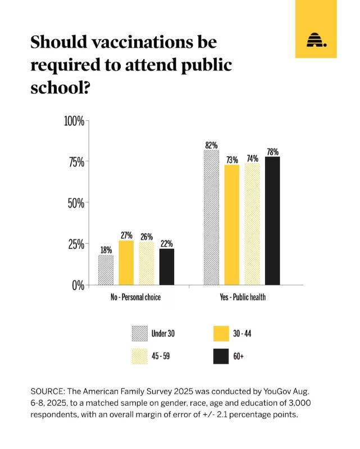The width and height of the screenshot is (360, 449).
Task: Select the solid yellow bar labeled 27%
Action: click(x=126, y=262)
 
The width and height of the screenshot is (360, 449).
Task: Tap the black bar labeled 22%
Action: click(x=167, y=266)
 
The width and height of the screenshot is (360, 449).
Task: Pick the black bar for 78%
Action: click(x=272, y=220)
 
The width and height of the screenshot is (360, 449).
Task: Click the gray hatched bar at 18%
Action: click(x=106, y=270)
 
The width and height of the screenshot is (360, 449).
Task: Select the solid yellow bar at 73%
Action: click(x=232, y=224)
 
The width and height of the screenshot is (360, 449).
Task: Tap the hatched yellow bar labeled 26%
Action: click(x=146, y=263)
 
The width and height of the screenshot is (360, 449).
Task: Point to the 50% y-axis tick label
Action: click(x=76, y=203)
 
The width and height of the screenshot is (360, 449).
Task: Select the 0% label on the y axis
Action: click(x=78, y=285)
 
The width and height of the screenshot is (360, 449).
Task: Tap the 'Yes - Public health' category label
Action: click(x=243, y=297)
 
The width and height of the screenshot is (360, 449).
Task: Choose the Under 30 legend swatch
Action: click(x=140, y=333)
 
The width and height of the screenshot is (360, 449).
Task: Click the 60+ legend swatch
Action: click(x=221, y=356)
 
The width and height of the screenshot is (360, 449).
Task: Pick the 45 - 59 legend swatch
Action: click(x=140, y=356)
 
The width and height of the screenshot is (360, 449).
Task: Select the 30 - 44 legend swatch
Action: click(x=221, y=333)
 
